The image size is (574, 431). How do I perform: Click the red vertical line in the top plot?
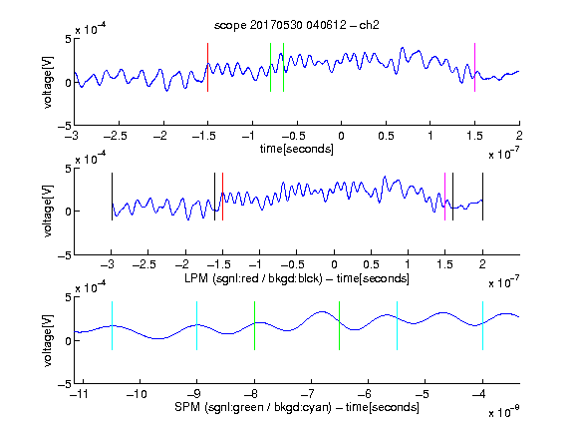208,67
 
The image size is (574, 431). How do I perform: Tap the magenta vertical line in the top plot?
474,67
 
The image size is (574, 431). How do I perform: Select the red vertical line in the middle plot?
222,197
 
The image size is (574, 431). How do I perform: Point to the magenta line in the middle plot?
444,197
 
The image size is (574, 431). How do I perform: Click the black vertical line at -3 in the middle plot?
112,197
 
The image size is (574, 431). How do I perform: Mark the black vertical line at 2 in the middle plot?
482,197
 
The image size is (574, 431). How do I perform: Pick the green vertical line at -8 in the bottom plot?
254,325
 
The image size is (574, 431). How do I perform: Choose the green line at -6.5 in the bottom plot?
340,325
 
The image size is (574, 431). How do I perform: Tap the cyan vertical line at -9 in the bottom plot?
197,325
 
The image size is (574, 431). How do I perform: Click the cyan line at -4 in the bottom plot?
482,325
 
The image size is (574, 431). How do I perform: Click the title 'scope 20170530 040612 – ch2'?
297,25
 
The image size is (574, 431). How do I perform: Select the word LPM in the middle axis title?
196,278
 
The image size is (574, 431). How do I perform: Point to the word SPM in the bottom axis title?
187,407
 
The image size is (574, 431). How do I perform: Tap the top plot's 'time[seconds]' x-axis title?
297,149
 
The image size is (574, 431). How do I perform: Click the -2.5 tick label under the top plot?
116,136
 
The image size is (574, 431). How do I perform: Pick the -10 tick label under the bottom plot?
137,394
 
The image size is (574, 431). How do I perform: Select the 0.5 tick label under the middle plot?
371,264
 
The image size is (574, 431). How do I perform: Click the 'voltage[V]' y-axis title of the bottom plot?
48,340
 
